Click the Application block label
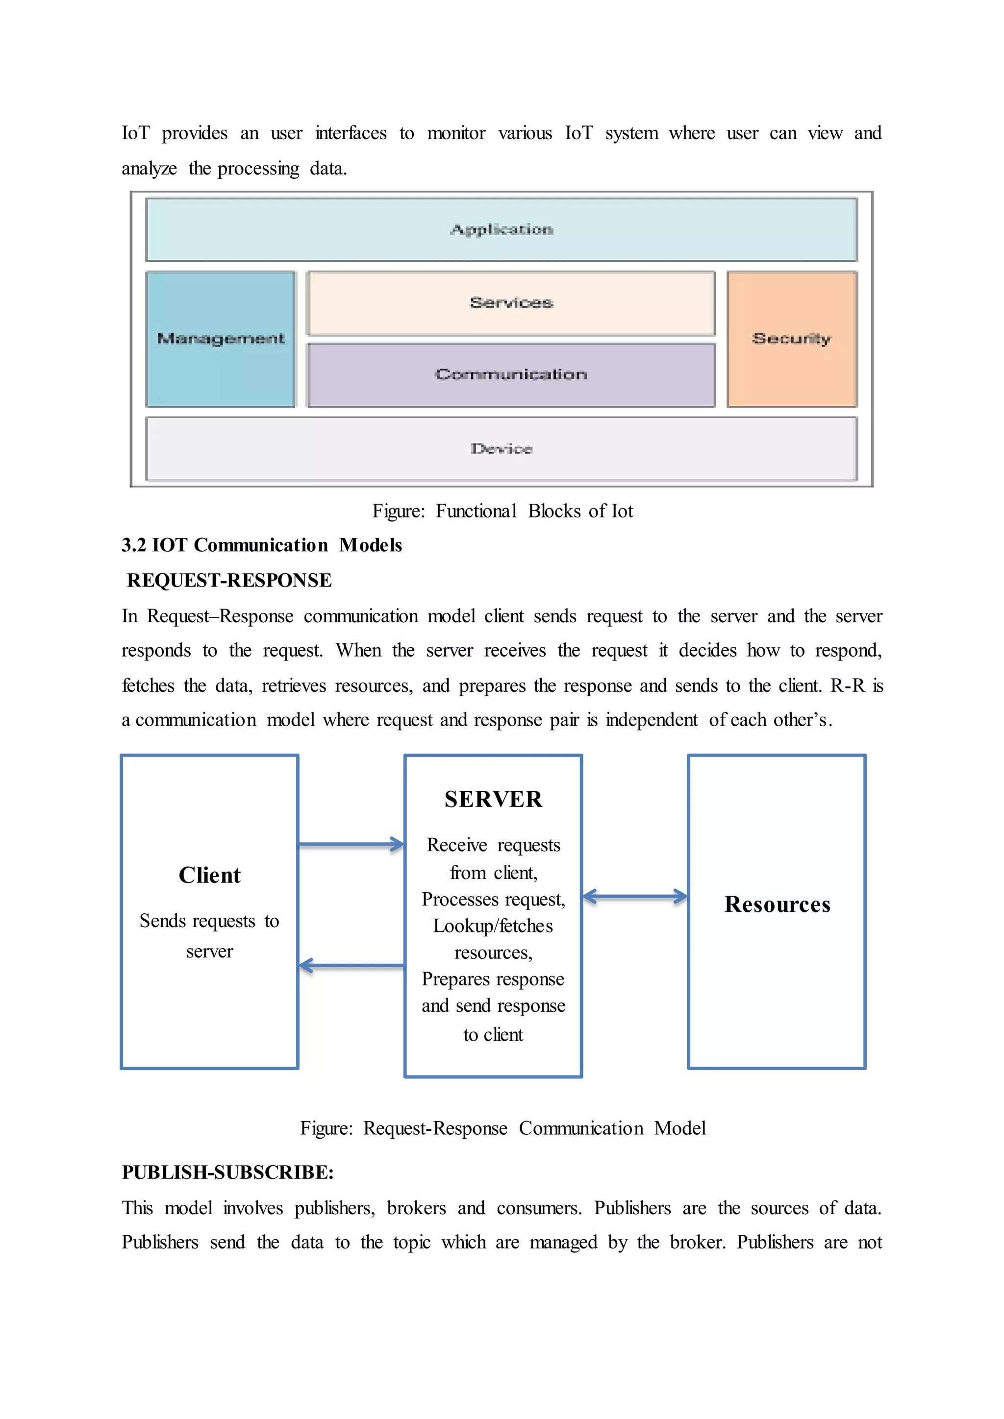[502, 229]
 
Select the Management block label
[221, 339]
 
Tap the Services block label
[511, 303]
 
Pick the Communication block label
[511, 374]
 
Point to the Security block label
[791, 339]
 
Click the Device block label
[502, 449]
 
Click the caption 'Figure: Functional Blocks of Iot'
[502, 511]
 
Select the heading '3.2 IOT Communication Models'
[261, 545]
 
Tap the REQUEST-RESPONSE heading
[229, 580]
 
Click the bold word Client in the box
[210, 875]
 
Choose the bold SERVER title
[493, 799]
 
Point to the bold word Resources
[777, 904]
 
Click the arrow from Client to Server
[351, 844]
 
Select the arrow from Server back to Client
[351, 965]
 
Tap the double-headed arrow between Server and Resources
[635, 897]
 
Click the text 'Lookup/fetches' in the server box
[493, 926]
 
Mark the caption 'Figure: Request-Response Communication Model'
[502, 1128]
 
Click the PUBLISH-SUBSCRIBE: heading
[227, 1173]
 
